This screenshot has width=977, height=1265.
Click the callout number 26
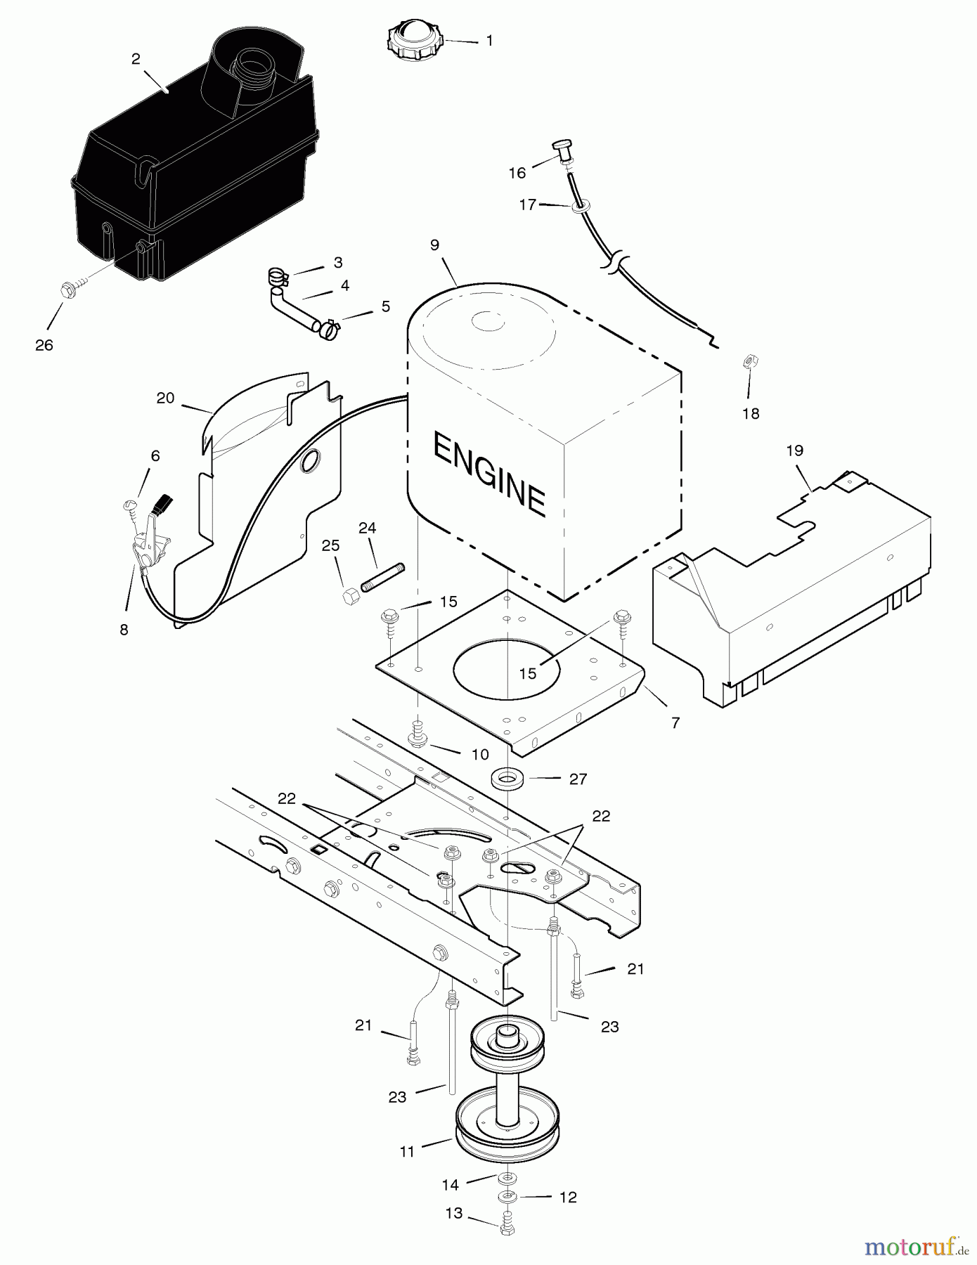[44, 345]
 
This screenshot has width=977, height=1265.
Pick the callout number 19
[794, 450]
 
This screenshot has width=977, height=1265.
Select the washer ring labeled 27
[507, 778]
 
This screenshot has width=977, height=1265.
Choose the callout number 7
[675, 722]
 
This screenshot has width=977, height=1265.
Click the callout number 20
[165, 398]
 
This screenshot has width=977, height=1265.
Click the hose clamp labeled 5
[328, 327]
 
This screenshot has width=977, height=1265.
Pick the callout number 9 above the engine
[434, 245]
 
